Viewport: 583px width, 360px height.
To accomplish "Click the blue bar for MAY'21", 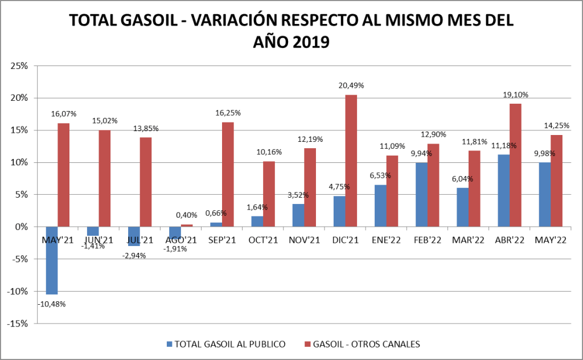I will (x=52, y=260).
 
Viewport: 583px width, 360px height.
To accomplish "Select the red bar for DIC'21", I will (x=351, y=161).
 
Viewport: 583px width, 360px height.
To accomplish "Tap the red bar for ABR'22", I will (x=515, y=165).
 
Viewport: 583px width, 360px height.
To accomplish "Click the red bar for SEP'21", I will (x=228, y=174).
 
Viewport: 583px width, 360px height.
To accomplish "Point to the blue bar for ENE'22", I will (x=380, y=206).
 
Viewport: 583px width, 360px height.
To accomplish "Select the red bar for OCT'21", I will (x=269, y=194).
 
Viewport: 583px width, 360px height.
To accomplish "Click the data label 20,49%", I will (x=351, y=85).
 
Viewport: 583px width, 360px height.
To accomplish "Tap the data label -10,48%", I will (x=52, y=304).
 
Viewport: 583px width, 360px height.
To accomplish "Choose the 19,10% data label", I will (x=516, y=95).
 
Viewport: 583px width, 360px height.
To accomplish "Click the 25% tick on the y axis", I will (x=19, y=66).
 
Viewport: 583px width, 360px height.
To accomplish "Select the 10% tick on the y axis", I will (x=19, y=162).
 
